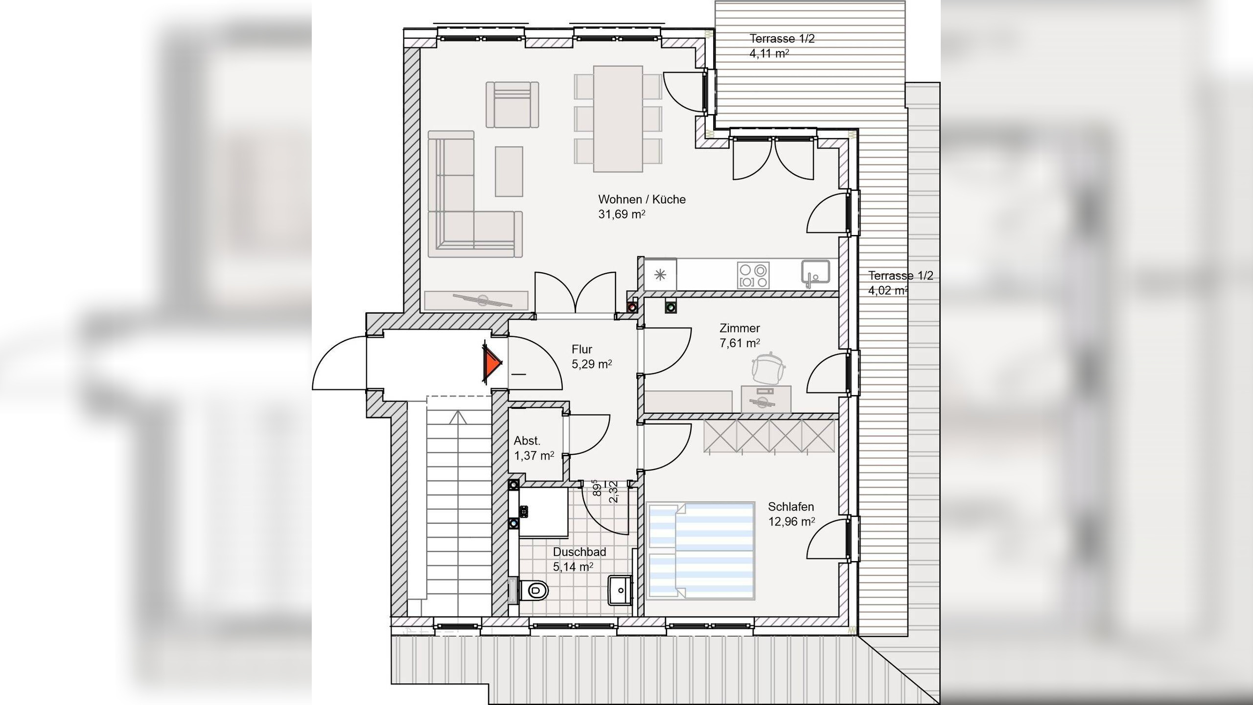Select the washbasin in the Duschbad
[620, 590]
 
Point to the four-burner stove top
[753, 275]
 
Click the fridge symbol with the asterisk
[660, 275]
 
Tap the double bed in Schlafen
[701, 551]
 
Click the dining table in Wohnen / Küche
[618, 119]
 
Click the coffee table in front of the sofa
[509, 171]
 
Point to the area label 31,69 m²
[622, 214]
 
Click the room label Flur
[582, 349]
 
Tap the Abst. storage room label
[527, 441]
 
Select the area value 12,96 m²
[791, 521]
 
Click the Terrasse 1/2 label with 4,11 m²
[782, 46]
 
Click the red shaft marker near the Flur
[633, 307]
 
